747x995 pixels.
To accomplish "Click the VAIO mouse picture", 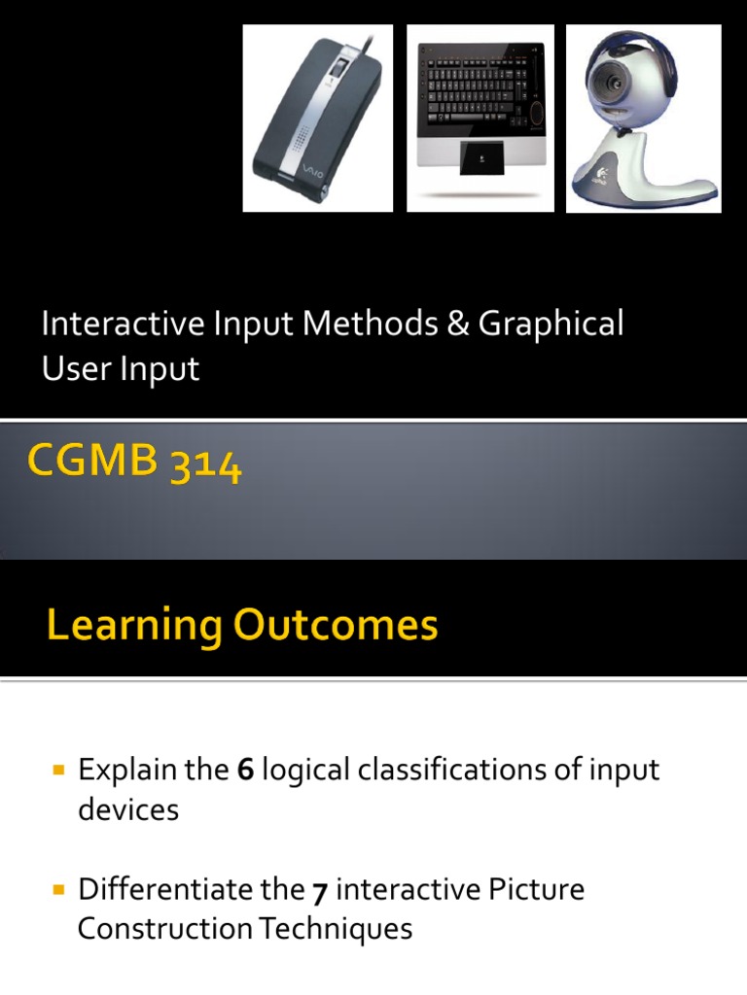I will click(317, 118).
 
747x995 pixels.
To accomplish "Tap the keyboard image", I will click(480, 118).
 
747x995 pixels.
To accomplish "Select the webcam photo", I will click(643, 118).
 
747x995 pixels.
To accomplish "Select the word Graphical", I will click(551, 325).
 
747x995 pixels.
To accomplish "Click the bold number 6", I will click(246, 771).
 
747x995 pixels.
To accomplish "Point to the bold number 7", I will click(319, 890).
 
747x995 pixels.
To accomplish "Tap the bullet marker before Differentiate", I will click(57, 889).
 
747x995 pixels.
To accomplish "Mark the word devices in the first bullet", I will click(128, 810).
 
